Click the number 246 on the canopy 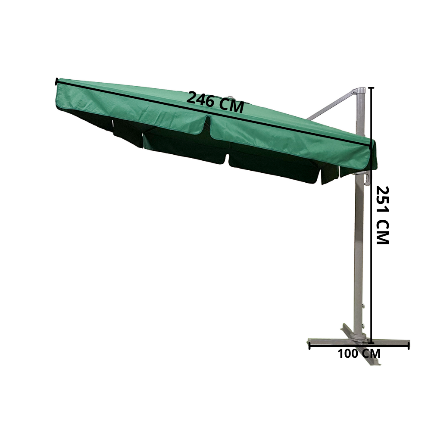201,100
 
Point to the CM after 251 383,232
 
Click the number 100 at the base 349,354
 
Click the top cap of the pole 359,91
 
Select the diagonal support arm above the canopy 330,106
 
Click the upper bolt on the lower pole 364,306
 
